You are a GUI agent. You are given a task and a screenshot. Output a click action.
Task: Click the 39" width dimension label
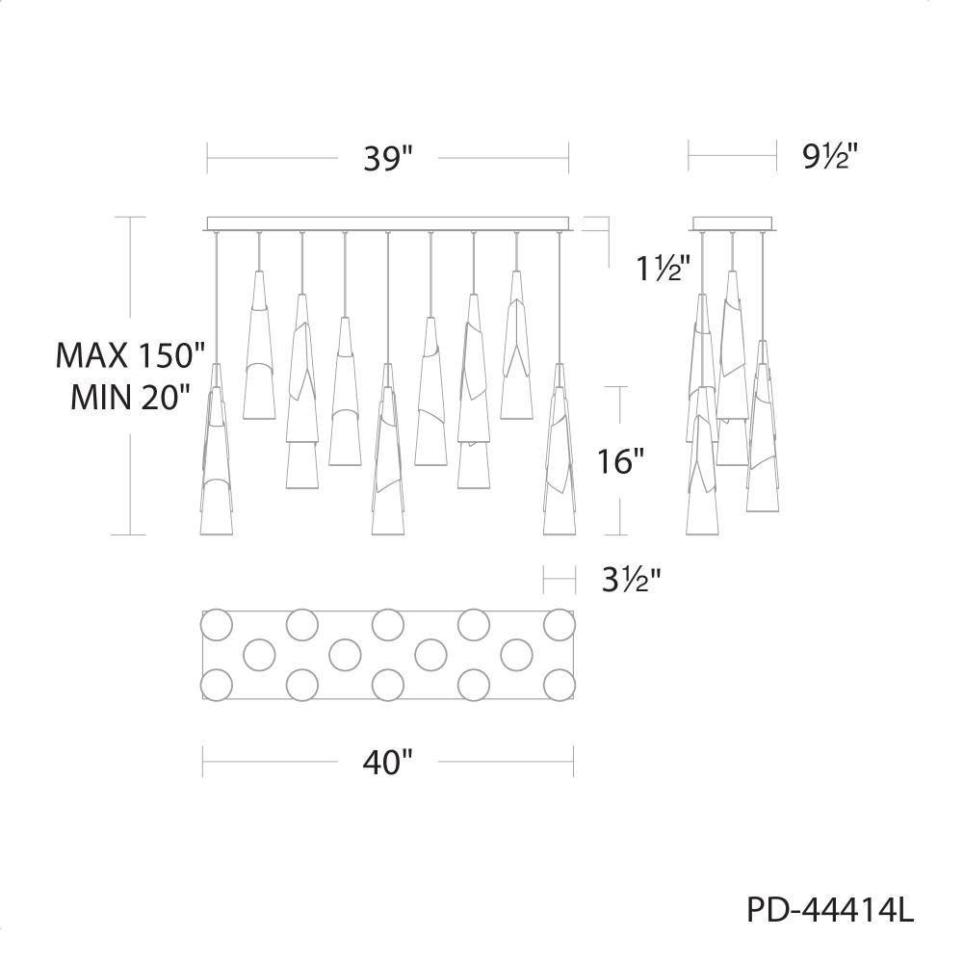pos(388,159)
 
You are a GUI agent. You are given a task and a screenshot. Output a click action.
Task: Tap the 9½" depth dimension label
pos(829,157)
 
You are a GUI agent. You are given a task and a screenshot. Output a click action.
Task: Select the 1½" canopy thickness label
pos(663,269)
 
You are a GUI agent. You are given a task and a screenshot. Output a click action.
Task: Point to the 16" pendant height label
pos(621,460)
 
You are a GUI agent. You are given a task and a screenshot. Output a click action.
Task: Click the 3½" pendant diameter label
pos(632,580)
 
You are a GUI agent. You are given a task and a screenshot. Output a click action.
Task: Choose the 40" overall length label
pos(387,762)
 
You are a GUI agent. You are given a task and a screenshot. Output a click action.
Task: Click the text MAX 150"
pos(130,354)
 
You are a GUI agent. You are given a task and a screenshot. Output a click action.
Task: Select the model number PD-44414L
pos(830,910)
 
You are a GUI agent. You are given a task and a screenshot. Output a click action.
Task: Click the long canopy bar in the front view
pos(388,223)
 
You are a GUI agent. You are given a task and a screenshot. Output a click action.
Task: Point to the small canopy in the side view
pos(733,223)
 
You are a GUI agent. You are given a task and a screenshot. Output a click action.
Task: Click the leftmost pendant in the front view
pos(216,449)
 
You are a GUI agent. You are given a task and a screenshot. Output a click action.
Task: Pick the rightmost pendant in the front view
pos(560,449)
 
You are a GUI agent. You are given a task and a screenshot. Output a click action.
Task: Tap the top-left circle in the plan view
pos(217,625)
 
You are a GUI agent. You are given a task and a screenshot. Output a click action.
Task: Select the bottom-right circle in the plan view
pos(560,685)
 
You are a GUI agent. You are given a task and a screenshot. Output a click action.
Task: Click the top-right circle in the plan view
pos(560,625)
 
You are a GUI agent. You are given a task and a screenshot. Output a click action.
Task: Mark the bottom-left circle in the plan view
pos(217,685)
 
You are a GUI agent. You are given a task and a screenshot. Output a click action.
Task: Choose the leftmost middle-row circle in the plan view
pos(259,655)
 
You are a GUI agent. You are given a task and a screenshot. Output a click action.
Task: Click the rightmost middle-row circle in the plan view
pos(516,655)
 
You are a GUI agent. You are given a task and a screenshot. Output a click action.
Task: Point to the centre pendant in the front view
pos(387,449)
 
